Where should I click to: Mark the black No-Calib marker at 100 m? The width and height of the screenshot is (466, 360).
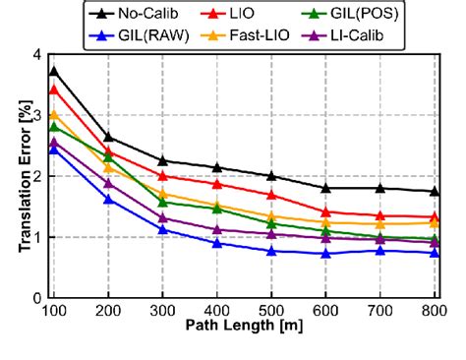(53, 71)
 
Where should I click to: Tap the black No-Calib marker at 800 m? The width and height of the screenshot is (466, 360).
(435, 191)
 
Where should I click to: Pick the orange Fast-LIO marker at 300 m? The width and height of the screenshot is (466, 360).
(162, 193)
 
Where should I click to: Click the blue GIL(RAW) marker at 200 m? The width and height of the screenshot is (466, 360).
(108, 199)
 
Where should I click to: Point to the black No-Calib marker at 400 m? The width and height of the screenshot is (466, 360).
(217, 167)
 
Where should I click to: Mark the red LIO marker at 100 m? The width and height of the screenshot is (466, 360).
(53, 90)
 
